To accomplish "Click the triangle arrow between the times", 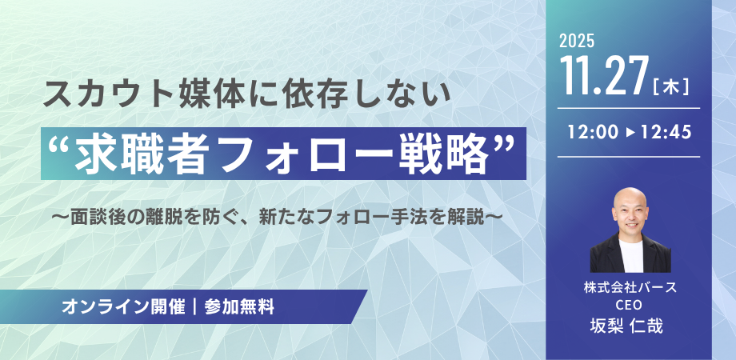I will (x=629, y=132).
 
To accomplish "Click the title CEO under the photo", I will (x=629, y=305).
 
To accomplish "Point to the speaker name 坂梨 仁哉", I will (x=629, y=325).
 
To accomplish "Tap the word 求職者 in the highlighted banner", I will (x=129, y=153).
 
